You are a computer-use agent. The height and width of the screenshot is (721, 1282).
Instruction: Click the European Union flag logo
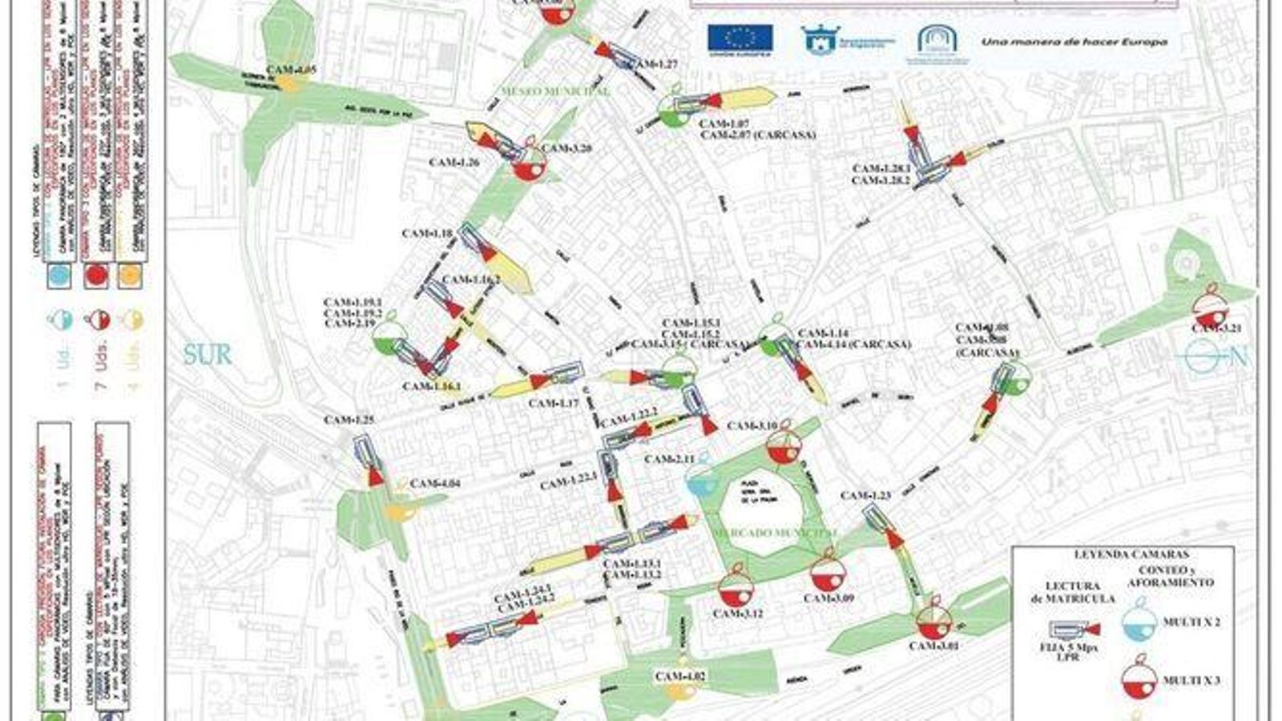(x=740, y=38)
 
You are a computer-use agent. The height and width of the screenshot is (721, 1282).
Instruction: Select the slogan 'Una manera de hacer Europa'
(x=1074, y=41)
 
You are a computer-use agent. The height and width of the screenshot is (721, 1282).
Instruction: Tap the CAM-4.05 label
(x=292, y=70)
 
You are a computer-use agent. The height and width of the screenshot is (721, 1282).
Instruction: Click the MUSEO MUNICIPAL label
(x=554, y=91)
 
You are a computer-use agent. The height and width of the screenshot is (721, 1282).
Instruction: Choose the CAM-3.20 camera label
(x=567, y=148)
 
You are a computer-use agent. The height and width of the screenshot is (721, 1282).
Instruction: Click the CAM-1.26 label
(x=454, y=163)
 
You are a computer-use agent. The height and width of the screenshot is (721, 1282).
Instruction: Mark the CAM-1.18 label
(x=428, y=234)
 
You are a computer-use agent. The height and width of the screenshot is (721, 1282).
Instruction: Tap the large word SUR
(x=207, y=354)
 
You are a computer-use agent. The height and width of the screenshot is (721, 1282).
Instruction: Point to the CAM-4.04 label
(x=435, y=483)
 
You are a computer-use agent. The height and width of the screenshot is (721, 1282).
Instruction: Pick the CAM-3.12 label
(x=738, y=614)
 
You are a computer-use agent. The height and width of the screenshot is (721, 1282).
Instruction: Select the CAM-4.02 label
(x=680, y=676)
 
